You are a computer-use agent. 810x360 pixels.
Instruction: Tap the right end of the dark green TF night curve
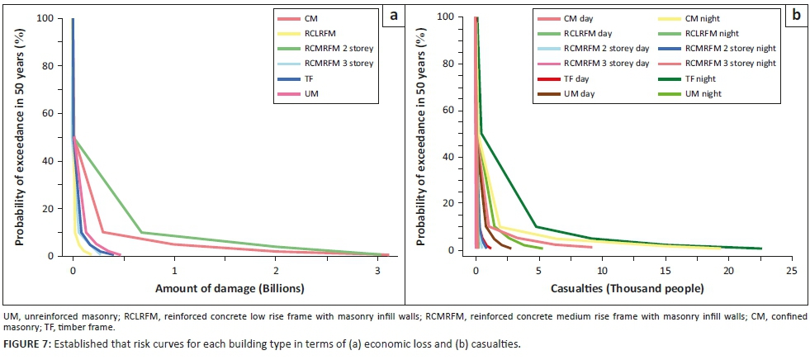click(x=760, y=248)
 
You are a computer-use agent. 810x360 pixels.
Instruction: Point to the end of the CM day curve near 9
click(x=592, y=247)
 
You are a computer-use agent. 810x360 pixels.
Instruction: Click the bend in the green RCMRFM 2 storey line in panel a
click(x=141, y=232)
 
